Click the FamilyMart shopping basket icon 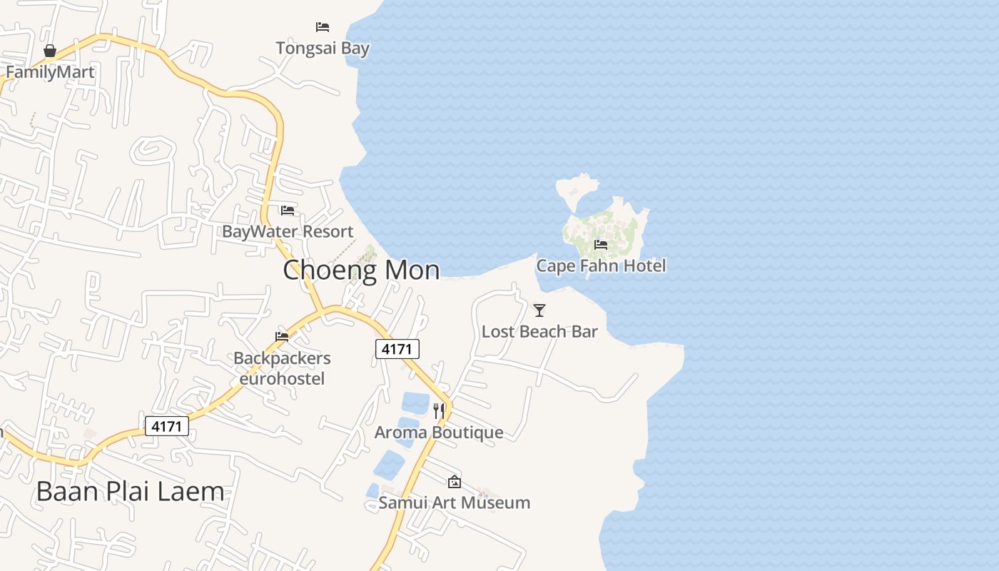pyautogui.click(x=50, y=51)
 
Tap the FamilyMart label pyautogui.click(x=50, y=72)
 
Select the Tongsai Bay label pyautogui.click(x=323, y=49)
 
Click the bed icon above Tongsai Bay pyautogui.click(x=323, y=27)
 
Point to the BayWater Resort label pyautogui.click(x=288, y=231)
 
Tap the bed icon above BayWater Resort pyautogui.click(x=288, y=210)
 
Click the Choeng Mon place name pyautogui.click(x=361, y=270)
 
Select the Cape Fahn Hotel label pyautogui.click(x=601, y=266)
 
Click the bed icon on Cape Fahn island pyautogui.click(x=601, y=245)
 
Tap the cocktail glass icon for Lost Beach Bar pyautogui.click(x=539, y=310)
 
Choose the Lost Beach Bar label pyautogui.click(x=539, y=331)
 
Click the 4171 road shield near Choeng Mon pyautogui.click(x=397, y=349)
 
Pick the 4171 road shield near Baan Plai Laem pyautogui.click(x=167, y=426)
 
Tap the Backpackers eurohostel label pyautogui.click(x=282, y=368)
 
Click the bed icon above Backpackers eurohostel pyautogui.click(x=282, y=336)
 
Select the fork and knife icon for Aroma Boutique pyautogui.click(x=439, y=411)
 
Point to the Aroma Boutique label pyautogui.click(x=439, y=432)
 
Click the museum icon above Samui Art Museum pyautogui.click(x=455, y=482)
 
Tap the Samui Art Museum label pyautogui.click(x=455, y=502)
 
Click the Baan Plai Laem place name pyautogui.click(x=130, y=491)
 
